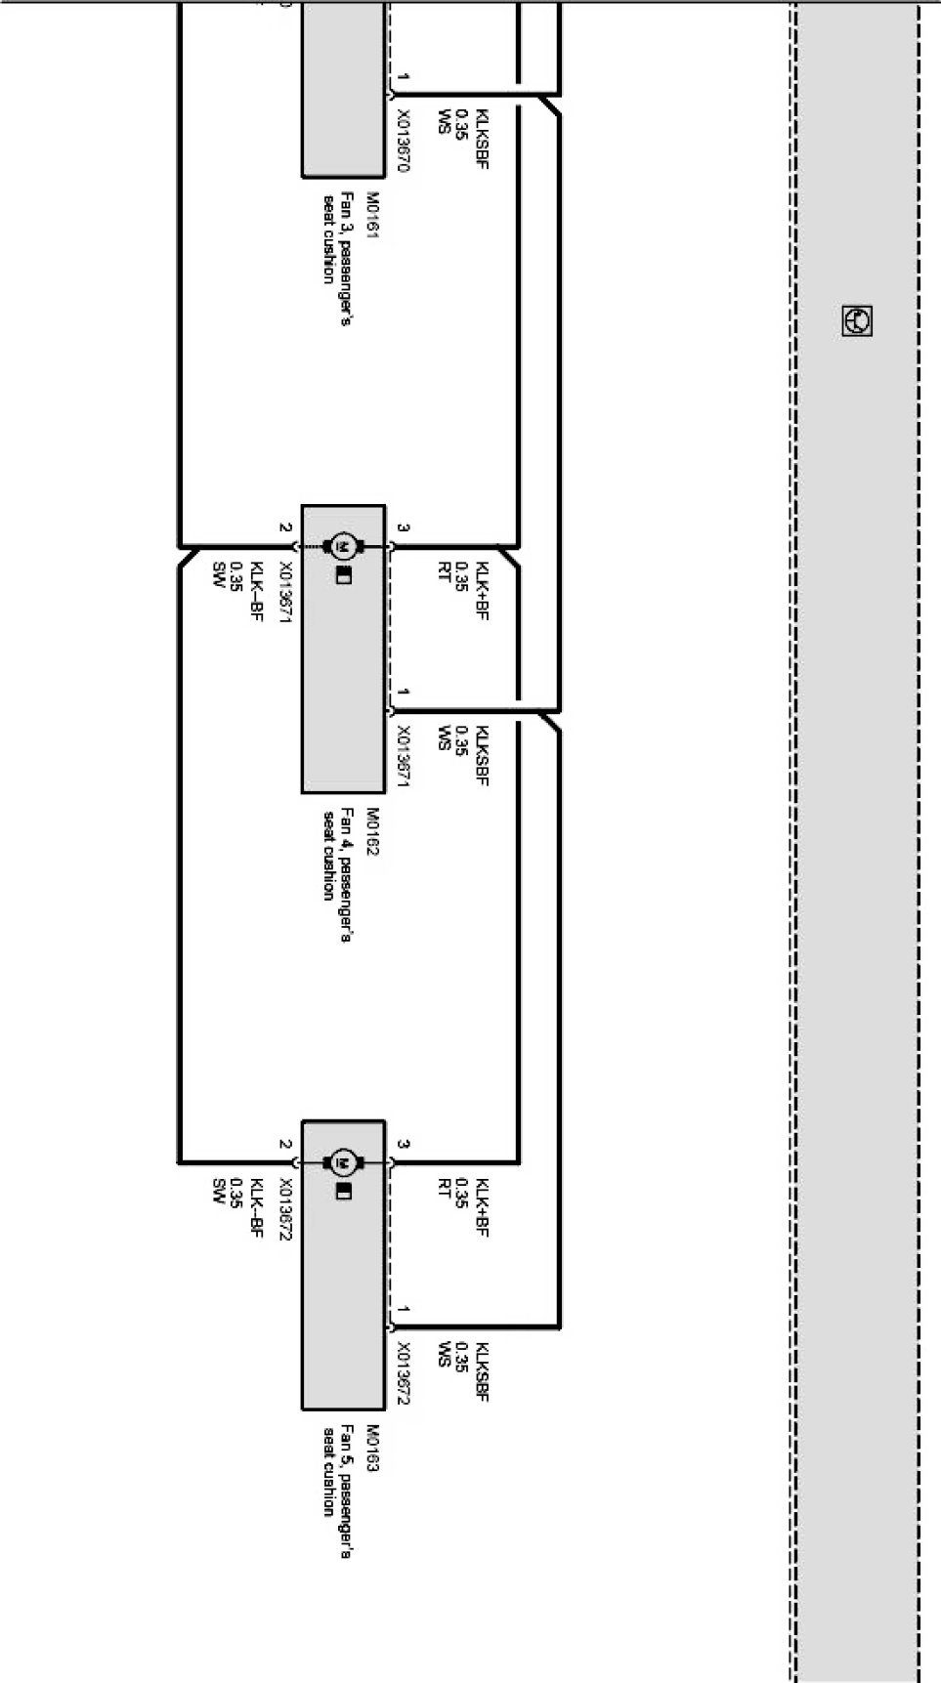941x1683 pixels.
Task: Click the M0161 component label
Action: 371,216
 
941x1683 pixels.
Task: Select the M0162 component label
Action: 371,831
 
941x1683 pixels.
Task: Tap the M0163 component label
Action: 371,1448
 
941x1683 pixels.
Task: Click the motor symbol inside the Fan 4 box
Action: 343,545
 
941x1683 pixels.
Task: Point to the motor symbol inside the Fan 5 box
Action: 343,1162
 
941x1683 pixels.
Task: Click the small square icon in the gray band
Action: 856,320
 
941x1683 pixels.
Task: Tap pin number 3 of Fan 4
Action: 404,527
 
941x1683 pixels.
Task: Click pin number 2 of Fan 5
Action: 284,1144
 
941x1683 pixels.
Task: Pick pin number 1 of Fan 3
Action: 404,76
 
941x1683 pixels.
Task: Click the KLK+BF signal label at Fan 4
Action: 481,591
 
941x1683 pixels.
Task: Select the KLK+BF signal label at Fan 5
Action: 481,1207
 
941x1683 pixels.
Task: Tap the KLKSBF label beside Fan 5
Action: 481,1371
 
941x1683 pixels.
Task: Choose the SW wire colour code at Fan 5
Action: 219,1192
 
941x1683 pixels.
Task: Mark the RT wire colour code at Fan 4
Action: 444,571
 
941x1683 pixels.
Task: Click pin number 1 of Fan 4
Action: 404,692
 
